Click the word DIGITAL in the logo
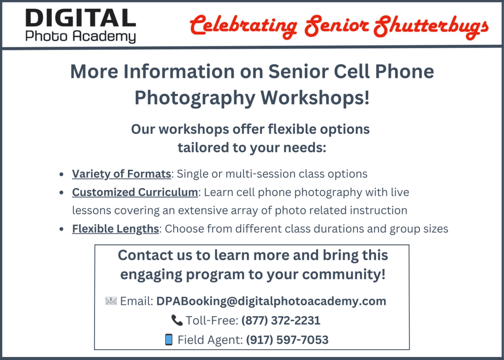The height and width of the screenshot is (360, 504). pos(81,18)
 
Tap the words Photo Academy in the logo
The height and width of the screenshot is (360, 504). pos(81,36)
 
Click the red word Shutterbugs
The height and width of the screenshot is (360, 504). pos(431,26)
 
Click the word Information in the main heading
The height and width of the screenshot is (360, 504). pos(179,71)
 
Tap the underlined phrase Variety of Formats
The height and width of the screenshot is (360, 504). pos(122,174)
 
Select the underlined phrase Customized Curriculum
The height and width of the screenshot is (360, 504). pos(135,192)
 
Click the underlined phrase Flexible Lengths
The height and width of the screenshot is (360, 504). pos(115,229)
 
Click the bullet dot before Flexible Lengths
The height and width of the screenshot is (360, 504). pos(62,229)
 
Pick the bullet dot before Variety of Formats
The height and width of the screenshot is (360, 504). pos(62,174)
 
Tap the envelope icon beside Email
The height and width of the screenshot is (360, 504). pos(111,301)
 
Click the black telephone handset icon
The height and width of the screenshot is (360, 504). pos(177,320)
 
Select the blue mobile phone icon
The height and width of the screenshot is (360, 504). pos(168,339)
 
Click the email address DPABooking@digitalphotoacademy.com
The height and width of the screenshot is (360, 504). pos(271,301)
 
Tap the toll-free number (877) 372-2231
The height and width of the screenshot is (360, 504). pos(281,321)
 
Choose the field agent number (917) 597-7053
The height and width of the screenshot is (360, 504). pos(287,340)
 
